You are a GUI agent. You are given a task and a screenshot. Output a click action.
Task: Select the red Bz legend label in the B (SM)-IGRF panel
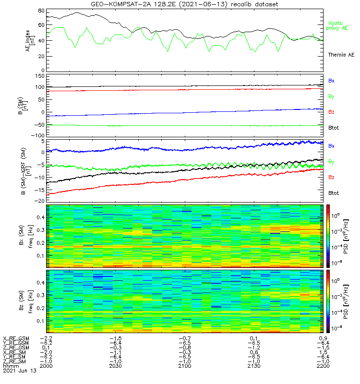point(331,178)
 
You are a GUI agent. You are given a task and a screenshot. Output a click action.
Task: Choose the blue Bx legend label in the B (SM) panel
point(331,81)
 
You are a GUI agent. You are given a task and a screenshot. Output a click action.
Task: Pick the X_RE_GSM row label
point(16,338)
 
